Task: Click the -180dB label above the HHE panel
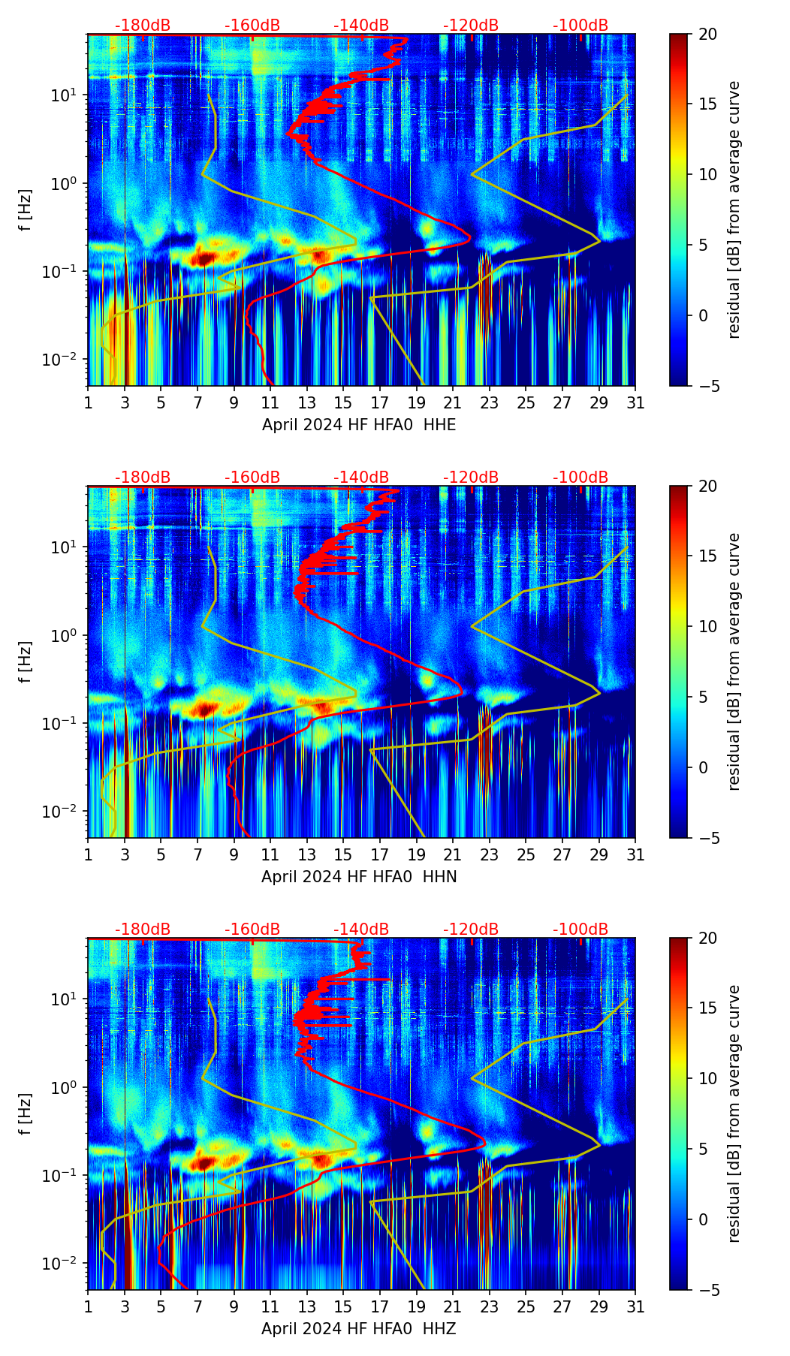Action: pyautogui.click(x=143, y=26)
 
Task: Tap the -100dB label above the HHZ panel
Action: pyautogui.click(x=580, y=930)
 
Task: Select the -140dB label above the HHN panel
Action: pyautogui.click(x=361, y=478)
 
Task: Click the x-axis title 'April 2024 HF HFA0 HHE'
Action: pyautogui.click(x=359, y=425)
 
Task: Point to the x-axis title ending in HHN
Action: pyautogui.click(x=359, y=877)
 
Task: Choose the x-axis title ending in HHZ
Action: pyautogui.click(x=359, y=1329)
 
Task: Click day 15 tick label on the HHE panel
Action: pyautogui.click(x=342, y=403)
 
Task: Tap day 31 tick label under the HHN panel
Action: pyautogui.click(x=635, y=855)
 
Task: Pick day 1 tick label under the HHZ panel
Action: pyautogui.click(x=89, y=1307)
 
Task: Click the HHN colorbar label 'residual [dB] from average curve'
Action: pyautogui.click(x=734, y=661)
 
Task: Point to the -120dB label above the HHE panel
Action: pyautogui.click(x=471, y=26)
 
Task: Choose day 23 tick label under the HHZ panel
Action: pyautogui.click(x=489, y=1307)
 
